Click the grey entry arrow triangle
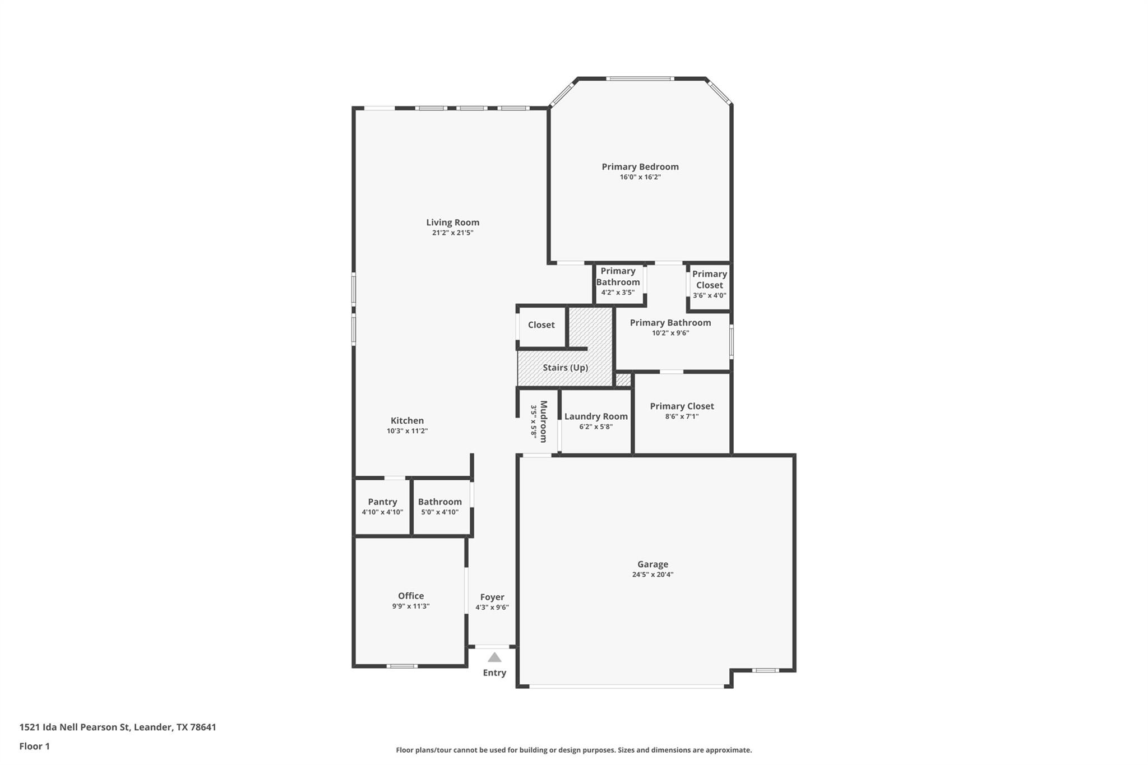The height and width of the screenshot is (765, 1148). tap(494, 657)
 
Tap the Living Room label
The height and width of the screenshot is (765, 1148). tap(452, 222)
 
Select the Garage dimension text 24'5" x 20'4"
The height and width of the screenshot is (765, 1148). tap(652, 574)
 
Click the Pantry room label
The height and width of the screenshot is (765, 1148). tap(382, 502)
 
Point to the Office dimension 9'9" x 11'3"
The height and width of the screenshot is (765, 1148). tap(410, 606)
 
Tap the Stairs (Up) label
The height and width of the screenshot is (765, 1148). tap(565, 368)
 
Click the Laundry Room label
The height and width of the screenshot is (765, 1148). tap(596, 416)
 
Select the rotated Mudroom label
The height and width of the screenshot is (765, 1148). tap(543, 421)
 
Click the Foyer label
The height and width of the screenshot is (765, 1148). tap(492, 597)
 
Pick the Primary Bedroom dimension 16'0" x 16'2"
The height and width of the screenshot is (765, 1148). tap(640, 177)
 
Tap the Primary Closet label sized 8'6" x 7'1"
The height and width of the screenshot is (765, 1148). tap(682, 406)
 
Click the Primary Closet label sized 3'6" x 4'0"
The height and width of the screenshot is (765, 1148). tap(709, 279)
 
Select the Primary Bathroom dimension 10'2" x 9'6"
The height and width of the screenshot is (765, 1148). tap(670, 333)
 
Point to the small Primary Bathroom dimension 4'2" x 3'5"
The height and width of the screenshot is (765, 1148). tap(618, 292)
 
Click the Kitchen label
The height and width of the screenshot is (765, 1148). tap(407, 420)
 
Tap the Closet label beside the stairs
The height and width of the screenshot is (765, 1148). tap(541, 325)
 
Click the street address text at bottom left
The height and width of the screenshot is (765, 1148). tap(118, 727)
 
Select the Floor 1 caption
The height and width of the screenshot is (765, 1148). tap(34, 746)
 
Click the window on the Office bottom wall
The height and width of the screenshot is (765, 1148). tap(402, 666)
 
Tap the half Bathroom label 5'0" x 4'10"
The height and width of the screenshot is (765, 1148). tap(439, 502)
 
